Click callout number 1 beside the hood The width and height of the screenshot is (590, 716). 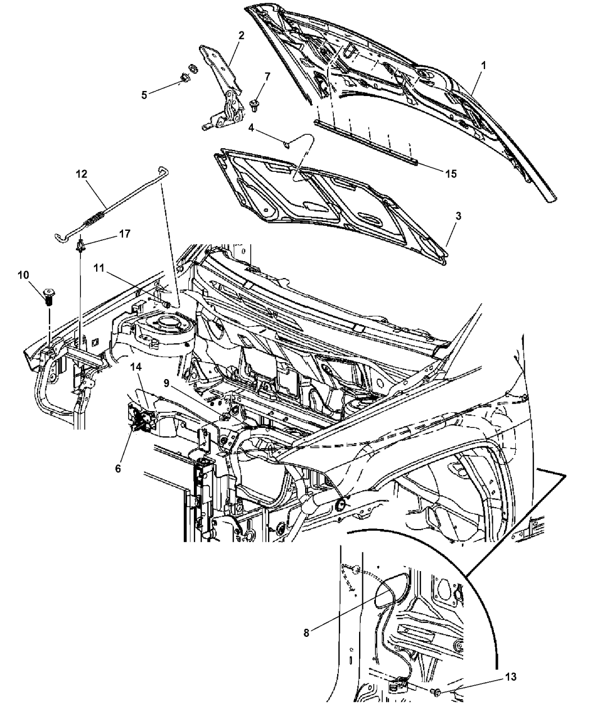point(483,66)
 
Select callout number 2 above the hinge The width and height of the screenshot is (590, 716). point(241,35)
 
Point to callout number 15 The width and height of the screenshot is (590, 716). point(451,174)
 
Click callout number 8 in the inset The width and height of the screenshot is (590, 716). point(306,632)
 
